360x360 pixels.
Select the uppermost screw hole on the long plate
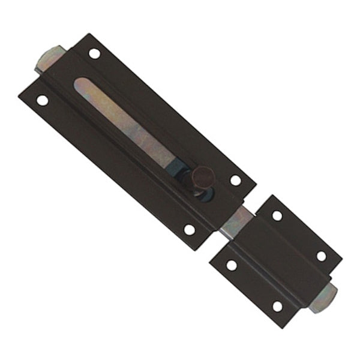coord(94,53)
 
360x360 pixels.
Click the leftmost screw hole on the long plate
coord(42,100)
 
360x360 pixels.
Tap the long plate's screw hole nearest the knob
coord(236,180)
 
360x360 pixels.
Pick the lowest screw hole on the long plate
coord(189,229)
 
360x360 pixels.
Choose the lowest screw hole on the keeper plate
coord(277,306)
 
